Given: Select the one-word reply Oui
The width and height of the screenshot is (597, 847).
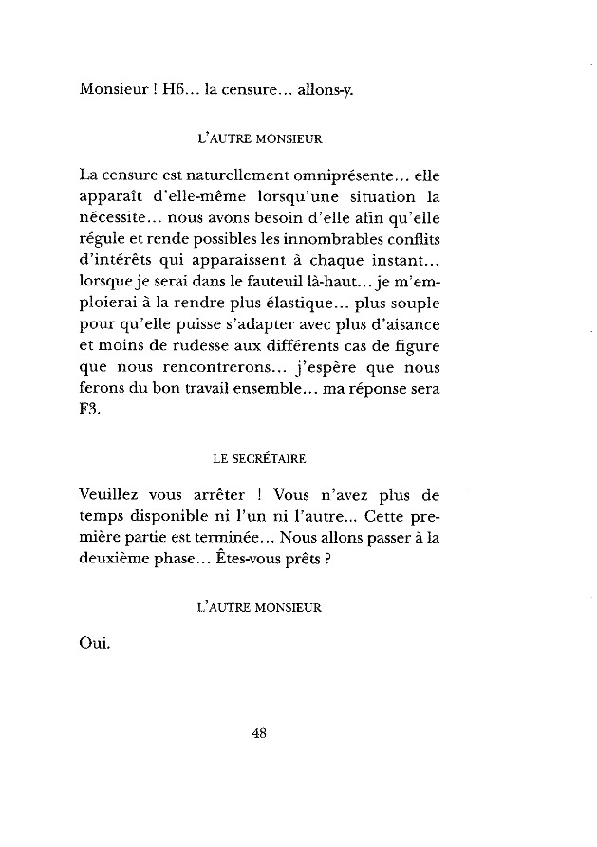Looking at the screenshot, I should (x=97, y=648).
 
